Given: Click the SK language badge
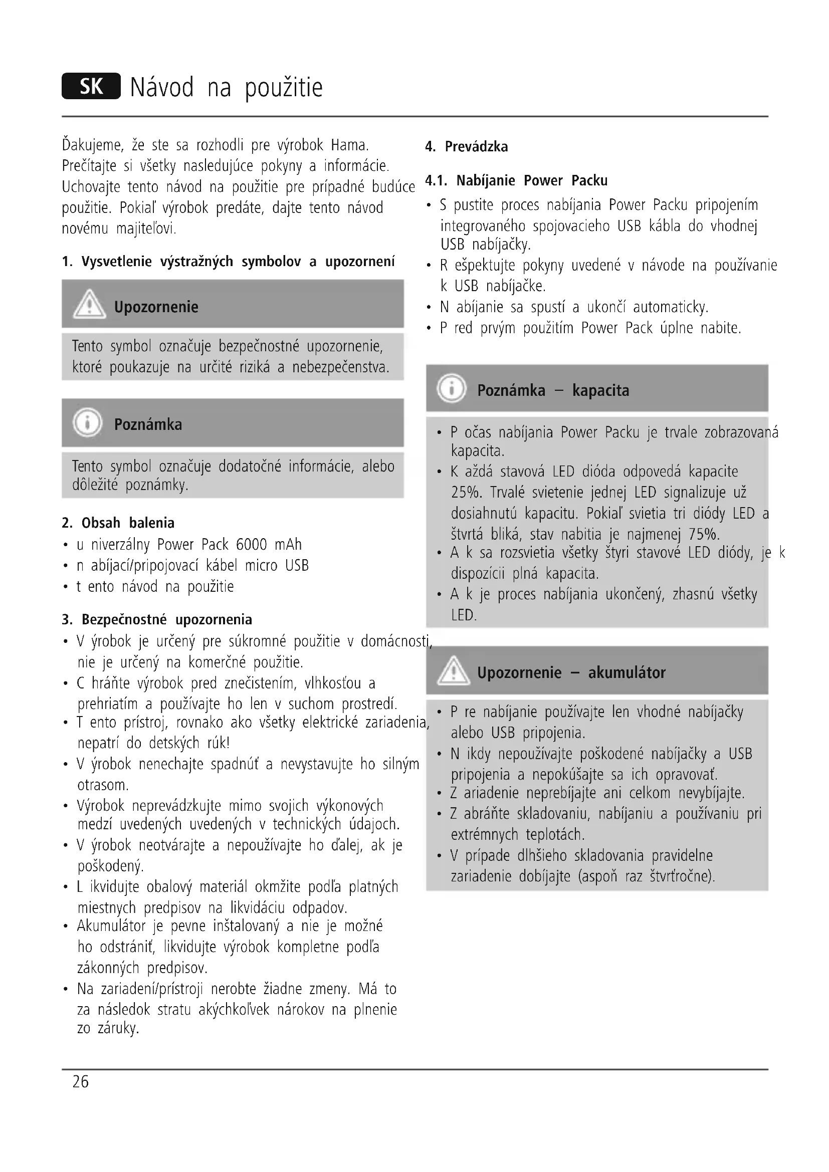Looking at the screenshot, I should coord(91,86).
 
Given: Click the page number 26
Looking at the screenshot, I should coord(81,1082).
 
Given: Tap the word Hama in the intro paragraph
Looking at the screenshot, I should coord(349,145).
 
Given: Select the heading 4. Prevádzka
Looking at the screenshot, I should coord(467,147).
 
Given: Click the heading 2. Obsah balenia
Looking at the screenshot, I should coord(118,523).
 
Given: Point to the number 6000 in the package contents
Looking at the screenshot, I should coord(251,545).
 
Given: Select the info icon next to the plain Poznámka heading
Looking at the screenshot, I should coord(87,423).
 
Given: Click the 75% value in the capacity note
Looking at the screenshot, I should coord(703,535).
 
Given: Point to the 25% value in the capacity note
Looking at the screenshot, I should coord(467,493).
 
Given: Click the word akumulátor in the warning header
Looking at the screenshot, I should coord(627,673).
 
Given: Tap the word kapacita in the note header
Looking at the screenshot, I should coord(600,390).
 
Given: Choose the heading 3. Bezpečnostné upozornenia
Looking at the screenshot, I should coord(157,620).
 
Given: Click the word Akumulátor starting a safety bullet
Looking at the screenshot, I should coord(111,926).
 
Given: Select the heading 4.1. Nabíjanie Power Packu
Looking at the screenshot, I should coord(517,181).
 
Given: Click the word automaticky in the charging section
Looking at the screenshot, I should coord(670,307).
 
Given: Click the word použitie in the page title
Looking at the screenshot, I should coord(284,88).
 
